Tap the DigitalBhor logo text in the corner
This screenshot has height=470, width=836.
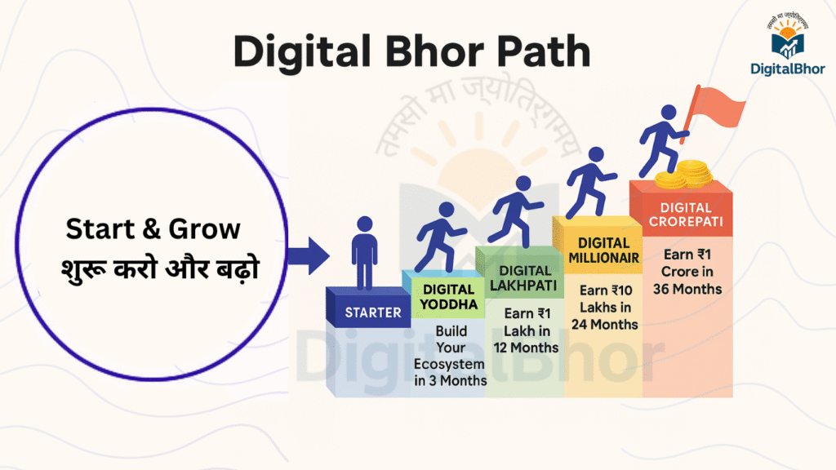coord(788,69)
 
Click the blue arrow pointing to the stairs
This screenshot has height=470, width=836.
coord(309,255)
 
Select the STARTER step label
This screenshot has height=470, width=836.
coord(372,313)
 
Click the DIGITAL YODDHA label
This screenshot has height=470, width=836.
coord(448,297)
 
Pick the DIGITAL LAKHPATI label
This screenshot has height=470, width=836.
coord(523,278)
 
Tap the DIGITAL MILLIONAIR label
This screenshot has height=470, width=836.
coord(603,251)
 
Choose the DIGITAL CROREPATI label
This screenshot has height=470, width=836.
coord(686,215)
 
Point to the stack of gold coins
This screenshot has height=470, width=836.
coord(684,175)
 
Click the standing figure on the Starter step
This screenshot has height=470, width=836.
coord(365,253)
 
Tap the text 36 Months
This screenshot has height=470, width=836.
coord(687,290)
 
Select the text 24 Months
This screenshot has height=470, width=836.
coord(605,325)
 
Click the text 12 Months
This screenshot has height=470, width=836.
coord(526,348)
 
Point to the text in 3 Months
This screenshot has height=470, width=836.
coord(451,381)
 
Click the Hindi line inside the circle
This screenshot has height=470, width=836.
coord(160,268)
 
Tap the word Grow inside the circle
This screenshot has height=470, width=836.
coord(205,229)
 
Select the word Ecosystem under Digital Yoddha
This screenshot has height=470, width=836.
coord(449,365)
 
